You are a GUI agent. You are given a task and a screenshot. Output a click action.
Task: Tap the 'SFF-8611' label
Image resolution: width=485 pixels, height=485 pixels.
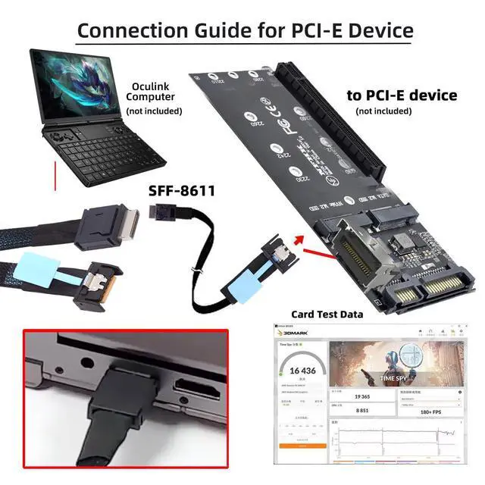(182, 192)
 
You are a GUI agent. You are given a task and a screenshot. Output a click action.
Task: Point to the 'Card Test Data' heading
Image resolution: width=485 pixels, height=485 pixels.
(327, 314)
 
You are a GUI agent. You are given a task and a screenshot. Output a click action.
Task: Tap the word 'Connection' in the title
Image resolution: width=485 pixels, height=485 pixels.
(129, 31)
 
